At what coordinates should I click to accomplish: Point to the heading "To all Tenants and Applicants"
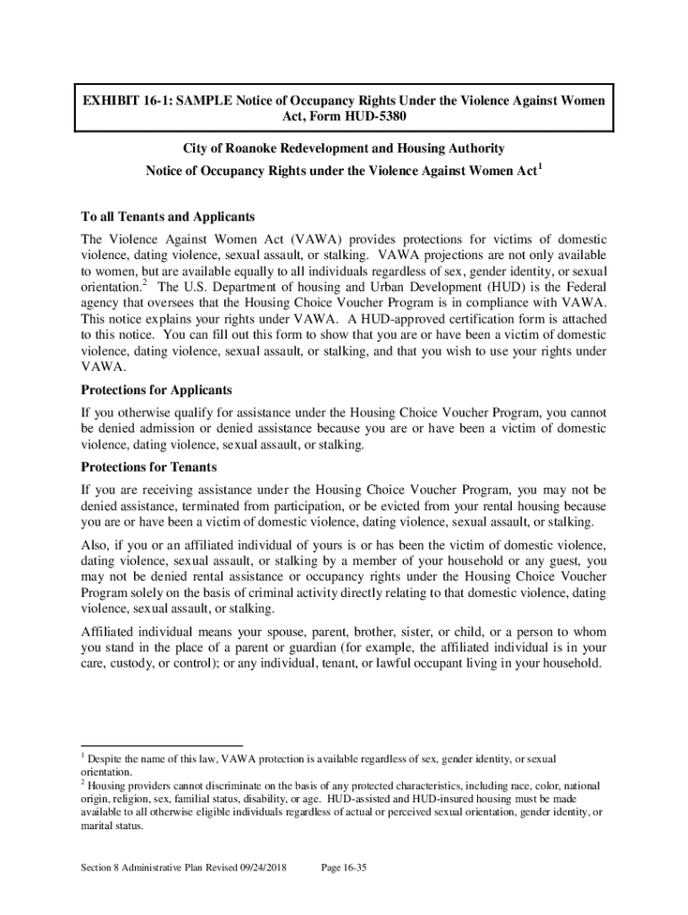tap(168, 217)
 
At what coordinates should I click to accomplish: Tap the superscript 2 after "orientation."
tap(144, 283)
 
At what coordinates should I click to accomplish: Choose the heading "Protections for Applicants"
tap(157, 390)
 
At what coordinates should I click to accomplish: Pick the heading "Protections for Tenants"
tap(149, 467)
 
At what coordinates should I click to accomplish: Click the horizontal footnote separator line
tap(161, 745)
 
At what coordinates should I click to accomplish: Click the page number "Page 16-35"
tap(343, 866)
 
